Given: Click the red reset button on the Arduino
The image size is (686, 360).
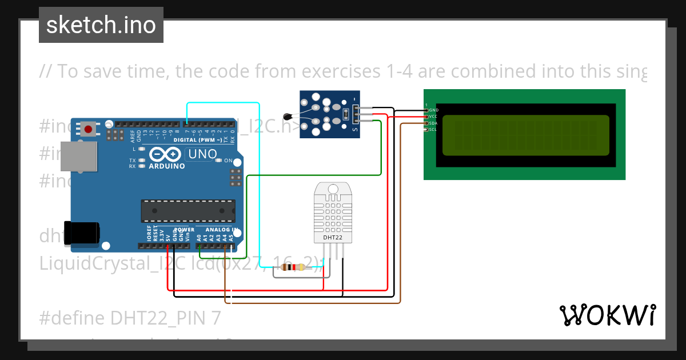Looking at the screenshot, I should coord(88,129).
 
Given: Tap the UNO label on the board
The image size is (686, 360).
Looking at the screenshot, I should coord(202,154).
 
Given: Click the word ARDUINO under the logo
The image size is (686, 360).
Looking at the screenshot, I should coord(167,166).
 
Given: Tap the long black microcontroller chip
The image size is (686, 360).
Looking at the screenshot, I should coord(188,211).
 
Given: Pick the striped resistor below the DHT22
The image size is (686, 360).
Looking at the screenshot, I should coord(296,267).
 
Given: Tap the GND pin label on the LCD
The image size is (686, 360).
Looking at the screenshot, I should coord(433,110).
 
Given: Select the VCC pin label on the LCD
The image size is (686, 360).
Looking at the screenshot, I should coord(433,117).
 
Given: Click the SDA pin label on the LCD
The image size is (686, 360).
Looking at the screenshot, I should coord(433,123).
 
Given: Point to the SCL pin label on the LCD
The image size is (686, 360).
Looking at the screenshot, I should coord(433,129).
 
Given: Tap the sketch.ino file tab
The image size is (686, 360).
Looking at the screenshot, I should coord(101,25).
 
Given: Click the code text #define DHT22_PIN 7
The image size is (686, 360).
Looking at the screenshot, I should coord(130,317).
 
